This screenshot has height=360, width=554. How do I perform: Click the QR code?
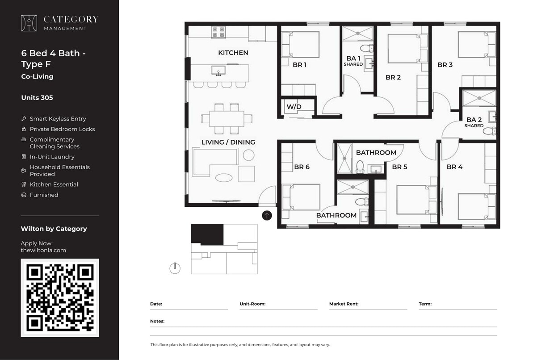(59, 297)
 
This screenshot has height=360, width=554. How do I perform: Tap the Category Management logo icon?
(29, 23)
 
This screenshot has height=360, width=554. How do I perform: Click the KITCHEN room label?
(233, 53)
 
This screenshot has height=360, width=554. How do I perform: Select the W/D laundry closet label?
(294, 107)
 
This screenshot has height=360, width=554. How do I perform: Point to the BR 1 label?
(299, 65)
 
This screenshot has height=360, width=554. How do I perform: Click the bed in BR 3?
(476, 45)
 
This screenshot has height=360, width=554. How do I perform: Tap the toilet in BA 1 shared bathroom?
(366, 48)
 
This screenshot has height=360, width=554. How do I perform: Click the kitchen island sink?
(218, 71)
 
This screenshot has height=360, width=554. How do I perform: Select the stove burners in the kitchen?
(218, 32)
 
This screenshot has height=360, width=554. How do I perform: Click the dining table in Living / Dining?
(227, 119)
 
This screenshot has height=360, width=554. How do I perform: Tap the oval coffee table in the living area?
(224, 177)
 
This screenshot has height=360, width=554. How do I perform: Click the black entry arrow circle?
(267, 216)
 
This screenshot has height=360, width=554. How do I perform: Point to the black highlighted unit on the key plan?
(207, 234)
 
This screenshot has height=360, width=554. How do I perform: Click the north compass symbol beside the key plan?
(175, 268)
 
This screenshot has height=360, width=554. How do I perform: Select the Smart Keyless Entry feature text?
(58, 119)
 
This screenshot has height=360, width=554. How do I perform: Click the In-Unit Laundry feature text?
(52, 157)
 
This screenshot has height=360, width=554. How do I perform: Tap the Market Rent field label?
(344, 304)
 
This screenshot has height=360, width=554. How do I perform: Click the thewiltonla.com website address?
(43, 250)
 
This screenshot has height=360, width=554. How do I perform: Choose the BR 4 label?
(454, 167)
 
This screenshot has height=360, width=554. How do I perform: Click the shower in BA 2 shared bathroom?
(479, 98)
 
